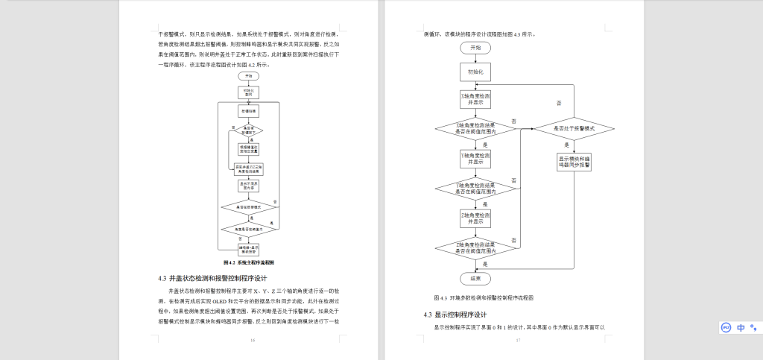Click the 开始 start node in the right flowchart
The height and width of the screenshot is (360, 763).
click(x=475, y=48)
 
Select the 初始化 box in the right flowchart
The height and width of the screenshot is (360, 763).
click(x=475, y=72)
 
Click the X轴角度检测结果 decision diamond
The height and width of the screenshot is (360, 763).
click(x=475, y=127)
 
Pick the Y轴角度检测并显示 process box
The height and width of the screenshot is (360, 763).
click(x=475, y=158)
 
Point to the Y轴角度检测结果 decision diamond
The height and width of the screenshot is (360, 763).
click(x=475, y=188)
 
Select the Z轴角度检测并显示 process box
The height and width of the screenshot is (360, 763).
click(x=475, y=218)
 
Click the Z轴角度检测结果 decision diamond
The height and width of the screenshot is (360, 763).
click(x=475, y=247)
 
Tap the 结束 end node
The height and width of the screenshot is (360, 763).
click(x=475, y=278)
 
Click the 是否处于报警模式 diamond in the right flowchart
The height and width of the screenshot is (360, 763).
click(x=574, y=128)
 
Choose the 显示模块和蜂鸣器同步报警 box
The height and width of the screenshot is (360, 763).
click(x=574, y=162)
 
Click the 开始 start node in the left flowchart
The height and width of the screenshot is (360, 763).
click(x=248, y=75)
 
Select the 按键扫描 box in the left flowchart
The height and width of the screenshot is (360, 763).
click(x=248, y=110)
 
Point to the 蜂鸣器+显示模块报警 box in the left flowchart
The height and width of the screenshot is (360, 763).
click(x=248, y=248)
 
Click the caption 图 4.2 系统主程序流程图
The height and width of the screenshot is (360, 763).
click(x=249, y=263)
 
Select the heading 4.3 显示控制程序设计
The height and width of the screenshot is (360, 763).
click(x=455, y=315)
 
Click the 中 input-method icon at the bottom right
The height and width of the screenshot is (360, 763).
click(x=741, y=327)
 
